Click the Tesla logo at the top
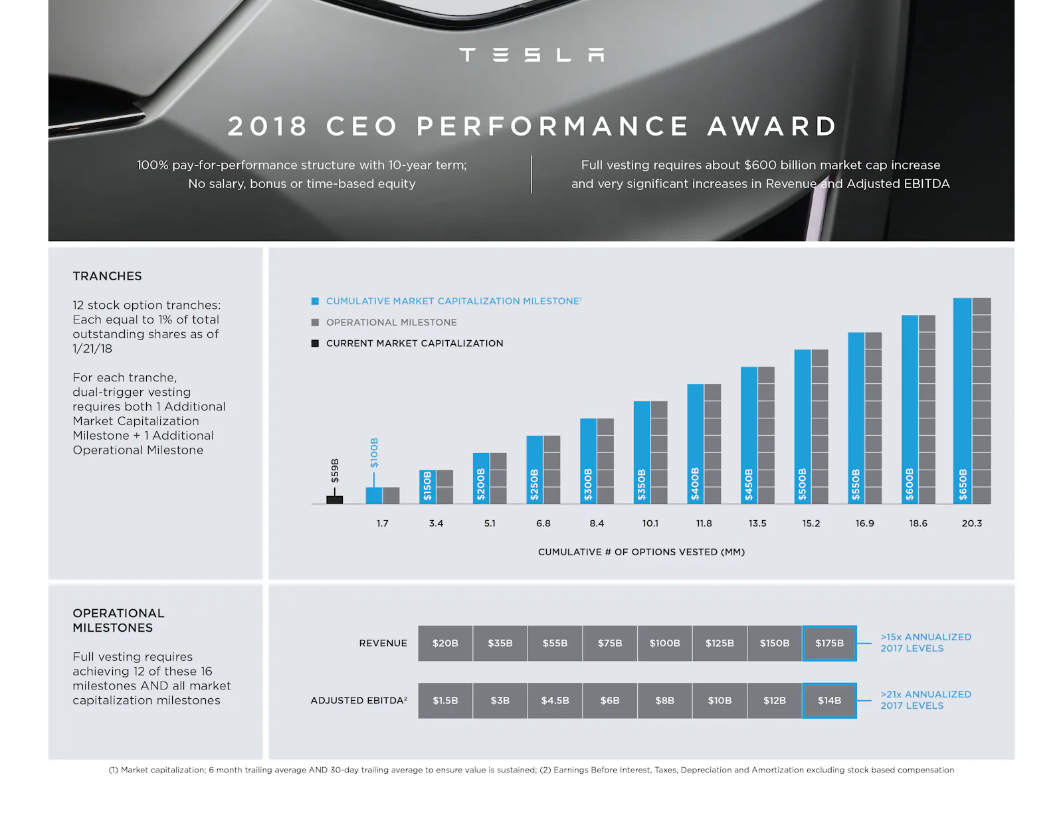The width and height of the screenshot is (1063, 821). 531,54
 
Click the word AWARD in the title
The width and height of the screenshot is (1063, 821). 772,126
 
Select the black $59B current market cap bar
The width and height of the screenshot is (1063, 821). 334,500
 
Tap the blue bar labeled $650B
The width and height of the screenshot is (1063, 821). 962,399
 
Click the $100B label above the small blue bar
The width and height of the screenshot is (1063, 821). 374,452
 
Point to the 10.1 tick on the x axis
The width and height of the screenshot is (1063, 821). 650,523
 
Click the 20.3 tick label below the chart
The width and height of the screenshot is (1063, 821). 971,523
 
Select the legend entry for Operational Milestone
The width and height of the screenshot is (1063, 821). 391,322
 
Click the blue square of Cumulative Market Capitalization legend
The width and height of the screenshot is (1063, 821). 315,301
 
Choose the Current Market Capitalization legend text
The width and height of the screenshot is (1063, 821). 415,343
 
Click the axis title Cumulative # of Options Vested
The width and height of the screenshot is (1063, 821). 641,552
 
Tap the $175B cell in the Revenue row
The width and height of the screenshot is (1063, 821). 829,643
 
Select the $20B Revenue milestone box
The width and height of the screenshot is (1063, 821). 445,643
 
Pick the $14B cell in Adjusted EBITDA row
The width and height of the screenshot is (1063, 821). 829,700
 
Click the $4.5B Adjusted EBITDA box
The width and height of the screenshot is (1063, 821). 555,700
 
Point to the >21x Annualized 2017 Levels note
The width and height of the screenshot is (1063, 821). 925,699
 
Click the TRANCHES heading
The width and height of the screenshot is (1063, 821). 107,276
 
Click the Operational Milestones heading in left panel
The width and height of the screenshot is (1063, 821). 118,620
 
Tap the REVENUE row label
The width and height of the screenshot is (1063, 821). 383,643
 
